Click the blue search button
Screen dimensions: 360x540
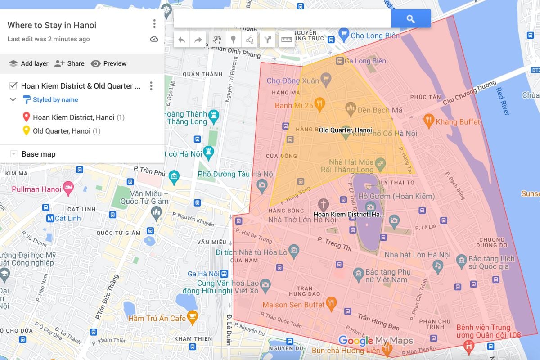[410, 19]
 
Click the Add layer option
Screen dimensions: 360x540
[29, 63]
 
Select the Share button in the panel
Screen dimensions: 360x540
[69, 63]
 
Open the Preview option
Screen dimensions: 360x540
[108, 63]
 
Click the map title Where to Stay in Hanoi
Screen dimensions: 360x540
[52, 25]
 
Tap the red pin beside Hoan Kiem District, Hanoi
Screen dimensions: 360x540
[26, 117]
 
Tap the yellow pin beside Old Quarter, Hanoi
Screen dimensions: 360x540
[26, 131]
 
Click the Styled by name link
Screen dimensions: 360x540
[55, 100]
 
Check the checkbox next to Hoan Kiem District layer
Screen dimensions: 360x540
[13, 86]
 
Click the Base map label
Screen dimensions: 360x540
[38, 154]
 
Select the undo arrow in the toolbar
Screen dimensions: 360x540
[182, 40]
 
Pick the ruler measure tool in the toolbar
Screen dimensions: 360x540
[287, 40]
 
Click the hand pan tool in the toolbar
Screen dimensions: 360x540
[216, 40]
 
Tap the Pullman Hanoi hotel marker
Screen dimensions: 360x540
[68, 188]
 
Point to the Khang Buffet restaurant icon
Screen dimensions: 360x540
[428, 121]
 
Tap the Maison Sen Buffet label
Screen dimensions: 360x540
[293, 305]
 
